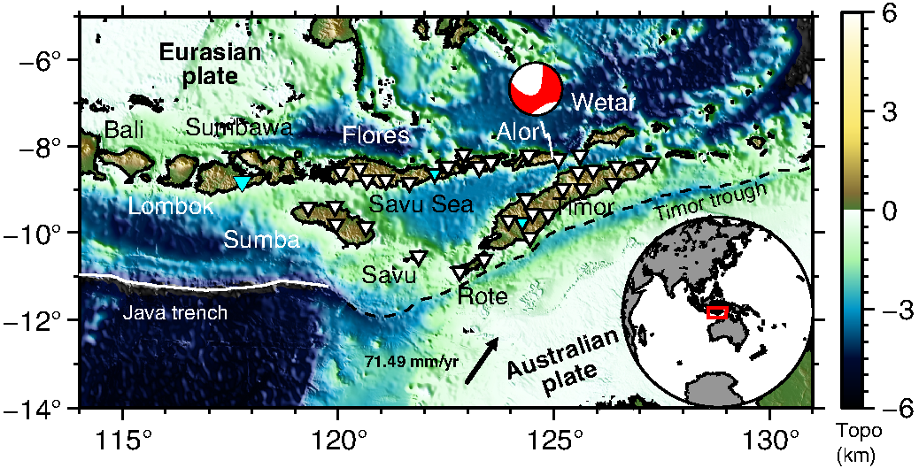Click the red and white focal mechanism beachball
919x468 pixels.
click(537, 88)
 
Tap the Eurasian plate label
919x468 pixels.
click(211, 64)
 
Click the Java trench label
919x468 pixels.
click(175, 312)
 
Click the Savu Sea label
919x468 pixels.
click(422, 205)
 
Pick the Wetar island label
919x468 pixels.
click(603, 102)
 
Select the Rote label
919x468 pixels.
click(483, 296)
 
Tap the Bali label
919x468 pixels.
click(124, 130)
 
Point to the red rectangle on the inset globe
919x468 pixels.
click(717, 311)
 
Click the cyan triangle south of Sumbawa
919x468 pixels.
click(242, 182)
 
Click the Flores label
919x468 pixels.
click(376, 135)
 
